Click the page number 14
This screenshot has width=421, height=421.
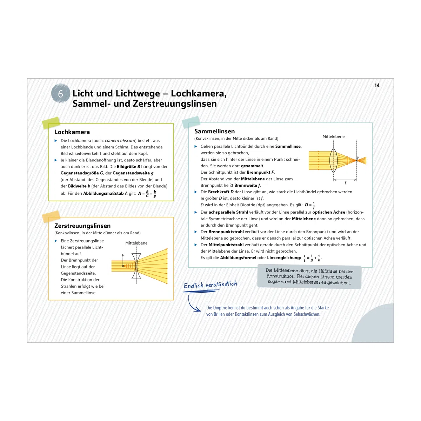click(377, 85)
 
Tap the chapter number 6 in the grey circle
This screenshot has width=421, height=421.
click(60, 94)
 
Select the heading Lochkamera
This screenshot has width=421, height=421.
click(72, 132)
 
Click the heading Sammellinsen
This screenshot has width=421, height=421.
click(215, 131)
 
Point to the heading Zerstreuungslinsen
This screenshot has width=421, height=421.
click(82, 226)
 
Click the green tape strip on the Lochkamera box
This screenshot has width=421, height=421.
click(51, 123)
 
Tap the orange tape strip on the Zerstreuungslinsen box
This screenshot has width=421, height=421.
click(51, 216)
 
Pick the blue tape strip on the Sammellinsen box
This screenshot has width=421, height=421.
click(191, 122)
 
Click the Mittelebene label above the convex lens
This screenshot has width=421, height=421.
click(333, 136)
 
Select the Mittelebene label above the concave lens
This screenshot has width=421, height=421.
click(136, 243)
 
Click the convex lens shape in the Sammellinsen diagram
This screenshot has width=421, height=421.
click(333, 160)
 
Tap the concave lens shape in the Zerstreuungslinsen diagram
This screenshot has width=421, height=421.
click(136, 266)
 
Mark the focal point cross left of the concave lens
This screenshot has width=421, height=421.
click(123, 266)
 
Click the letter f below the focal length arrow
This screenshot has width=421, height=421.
click(345, 183)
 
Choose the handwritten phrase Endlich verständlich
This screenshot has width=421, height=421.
click(210, 285)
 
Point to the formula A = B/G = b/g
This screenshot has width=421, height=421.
click(147, 194)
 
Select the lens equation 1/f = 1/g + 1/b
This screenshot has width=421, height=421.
click(312, 258)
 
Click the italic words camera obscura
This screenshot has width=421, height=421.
click(120, 141)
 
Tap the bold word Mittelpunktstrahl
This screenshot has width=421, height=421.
click(226, 245)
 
